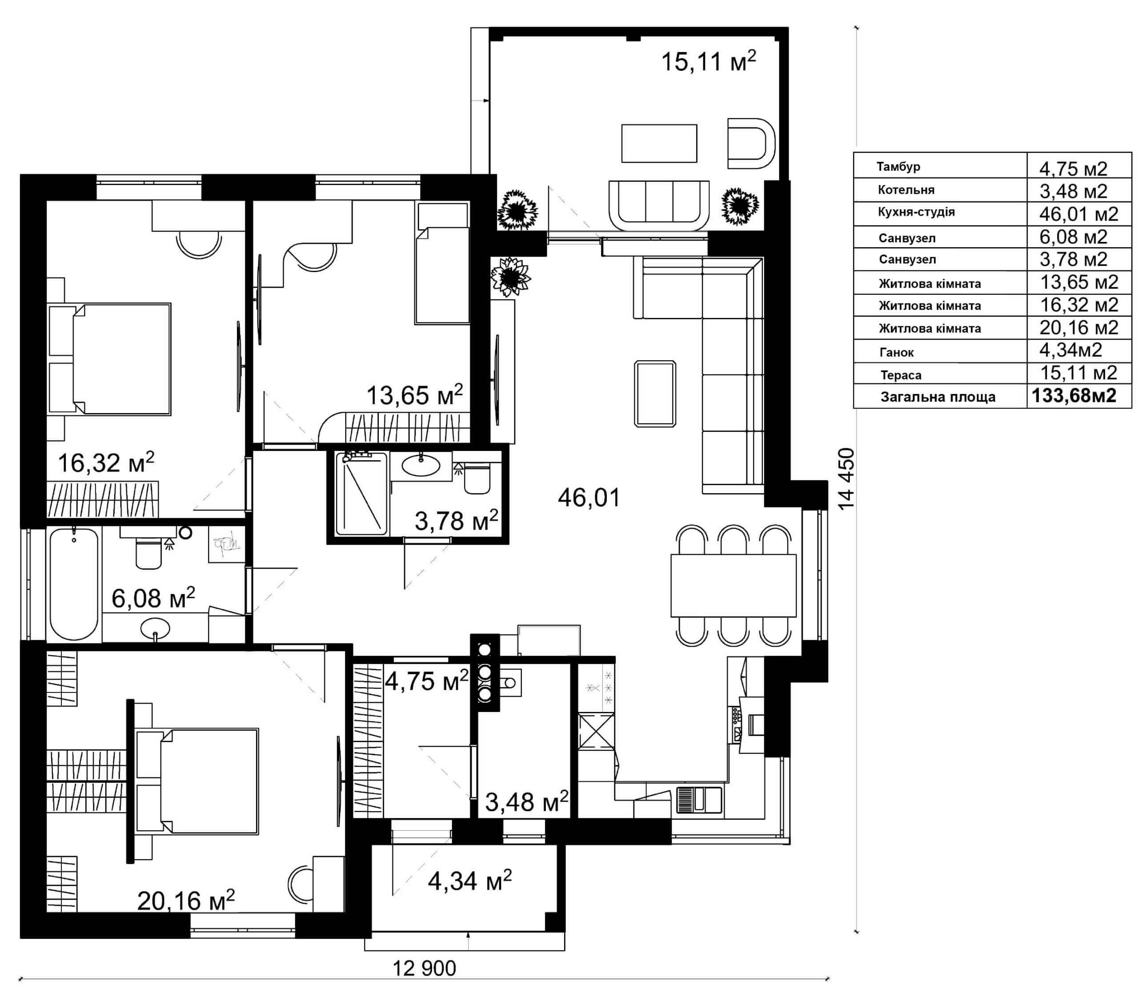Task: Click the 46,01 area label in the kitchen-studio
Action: (x=589, y=497)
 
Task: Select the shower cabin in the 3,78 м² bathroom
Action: (x=361, y=494)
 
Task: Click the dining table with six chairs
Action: (x=733, y=585)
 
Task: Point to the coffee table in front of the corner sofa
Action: (x=655, y=394)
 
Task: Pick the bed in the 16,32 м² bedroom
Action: (x=109, y=359)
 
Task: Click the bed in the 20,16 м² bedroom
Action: (x=197, y=781)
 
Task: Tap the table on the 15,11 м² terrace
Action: (x=659, y=143)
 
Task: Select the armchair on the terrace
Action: (x=751, y=143)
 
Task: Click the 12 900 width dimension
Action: (x=425, y=969)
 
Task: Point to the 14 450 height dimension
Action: (x=846, y=478)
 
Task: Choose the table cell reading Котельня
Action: (x=906, y=190)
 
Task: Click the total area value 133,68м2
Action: (x=1074, y=396)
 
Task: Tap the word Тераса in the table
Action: (x=901, y=375)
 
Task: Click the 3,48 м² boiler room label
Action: (x=527, y=802)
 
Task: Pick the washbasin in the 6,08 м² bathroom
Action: (x=155, y=629)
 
